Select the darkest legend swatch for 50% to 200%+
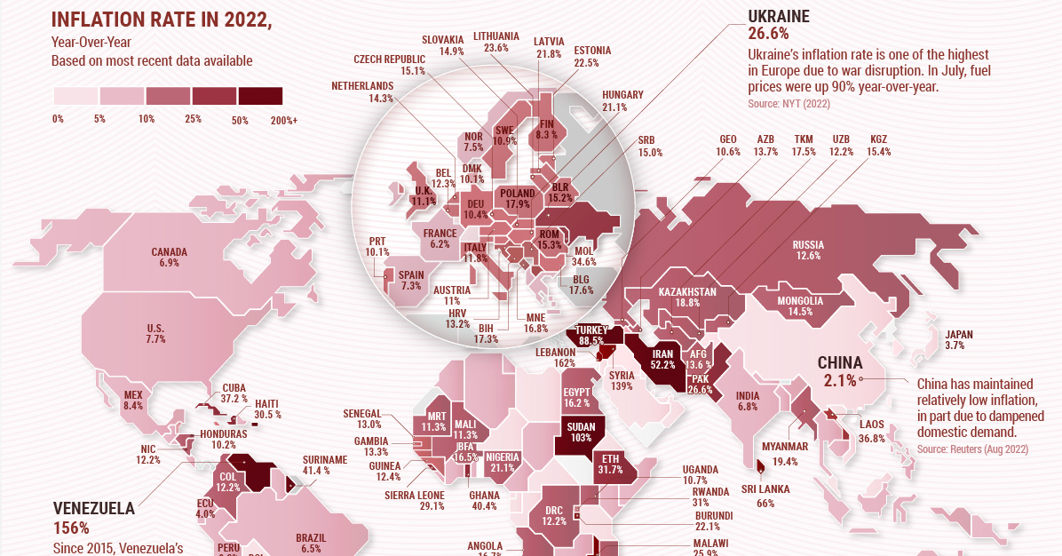pyautogui.click(x=259, y=96)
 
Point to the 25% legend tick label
pyautogui.click(x=194, y=119)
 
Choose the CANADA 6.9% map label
pyautogui.click(x=169, y=258)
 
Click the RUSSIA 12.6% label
pyautogui.click(x=808, y=250)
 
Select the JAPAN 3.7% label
pyautogui.click(x=958, y=340)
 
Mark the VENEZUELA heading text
pyautogui.click(x=94, y=509)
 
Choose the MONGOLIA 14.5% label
pyautogui.click(x=799, y=306)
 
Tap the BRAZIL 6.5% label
pyautogui.click(x=311, y=544)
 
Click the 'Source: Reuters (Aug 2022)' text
pyautogui.click(x=972, y=450)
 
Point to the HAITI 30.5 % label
pyautogui.click(x=267, y=409)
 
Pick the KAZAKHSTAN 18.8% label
pyautogui.click(x=687, y=298)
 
